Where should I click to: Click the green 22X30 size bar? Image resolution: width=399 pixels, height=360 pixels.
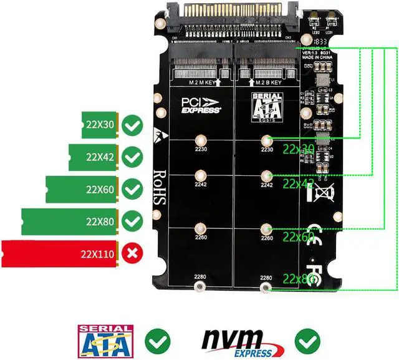tap(99, 124)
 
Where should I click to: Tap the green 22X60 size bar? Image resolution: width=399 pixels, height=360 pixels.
tap(82, 188)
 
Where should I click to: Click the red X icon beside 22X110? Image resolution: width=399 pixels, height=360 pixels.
tap(132, 253)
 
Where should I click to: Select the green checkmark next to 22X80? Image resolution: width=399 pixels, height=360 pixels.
tap(132, 221)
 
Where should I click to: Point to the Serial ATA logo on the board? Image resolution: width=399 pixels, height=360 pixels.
tap(267, 104)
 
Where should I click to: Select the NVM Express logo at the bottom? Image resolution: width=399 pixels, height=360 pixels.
tap(240, 341)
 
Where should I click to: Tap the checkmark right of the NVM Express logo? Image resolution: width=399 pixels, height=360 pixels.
tap(307, 341)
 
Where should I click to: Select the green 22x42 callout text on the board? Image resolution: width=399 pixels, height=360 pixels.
tap(299, 184)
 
